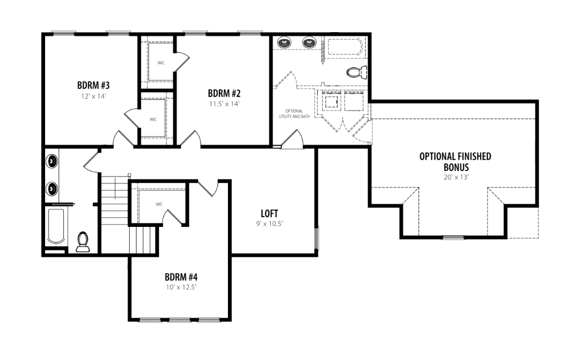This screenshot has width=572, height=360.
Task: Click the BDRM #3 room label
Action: click(x=94, y=85)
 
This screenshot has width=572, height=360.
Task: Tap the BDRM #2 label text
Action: click(x=225, y=93)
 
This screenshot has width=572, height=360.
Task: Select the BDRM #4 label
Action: click(x=181, y=276)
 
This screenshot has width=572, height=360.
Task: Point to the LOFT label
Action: click(x=270, y=213)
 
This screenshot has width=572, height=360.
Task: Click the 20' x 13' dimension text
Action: click(x=456, y=177)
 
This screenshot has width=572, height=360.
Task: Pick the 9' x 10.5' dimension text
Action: click(x=270, y=223)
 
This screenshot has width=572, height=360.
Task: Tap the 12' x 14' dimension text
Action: click(x=94, y=96)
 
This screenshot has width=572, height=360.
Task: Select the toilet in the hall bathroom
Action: click(x=82, y=242)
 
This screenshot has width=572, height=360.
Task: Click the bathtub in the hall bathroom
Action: click(x=56, y=226)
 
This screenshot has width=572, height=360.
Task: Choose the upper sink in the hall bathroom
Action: click(x=52, y=161)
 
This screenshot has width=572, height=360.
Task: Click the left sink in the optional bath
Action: click(x=284, y=43)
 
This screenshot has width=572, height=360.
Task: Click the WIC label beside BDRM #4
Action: click(x=159, y=204)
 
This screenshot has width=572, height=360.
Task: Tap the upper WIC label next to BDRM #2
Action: click(x=161, y=63)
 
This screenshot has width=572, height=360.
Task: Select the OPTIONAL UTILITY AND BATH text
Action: click(x=294, y=114)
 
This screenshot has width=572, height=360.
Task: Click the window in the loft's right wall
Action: click(x=316, y=238)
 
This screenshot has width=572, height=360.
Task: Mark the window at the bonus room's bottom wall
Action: click(x=454, y=238)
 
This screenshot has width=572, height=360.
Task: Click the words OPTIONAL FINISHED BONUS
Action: click(x=456, y=162)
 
